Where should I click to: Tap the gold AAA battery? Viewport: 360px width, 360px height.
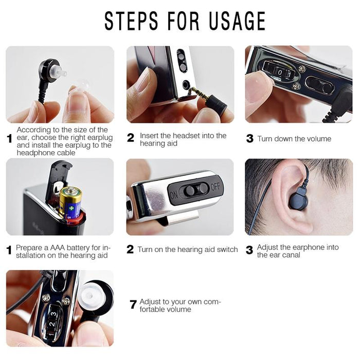click(70, 203)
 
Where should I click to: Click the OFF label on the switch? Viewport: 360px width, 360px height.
click(215, 187)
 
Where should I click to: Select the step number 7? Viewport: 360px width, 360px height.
click(133, 304)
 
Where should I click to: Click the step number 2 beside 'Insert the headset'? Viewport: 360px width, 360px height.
click(131, 138)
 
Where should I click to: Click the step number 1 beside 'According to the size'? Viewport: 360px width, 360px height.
click(9, 138)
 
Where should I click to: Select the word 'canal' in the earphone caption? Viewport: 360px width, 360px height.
click(289, 255)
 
